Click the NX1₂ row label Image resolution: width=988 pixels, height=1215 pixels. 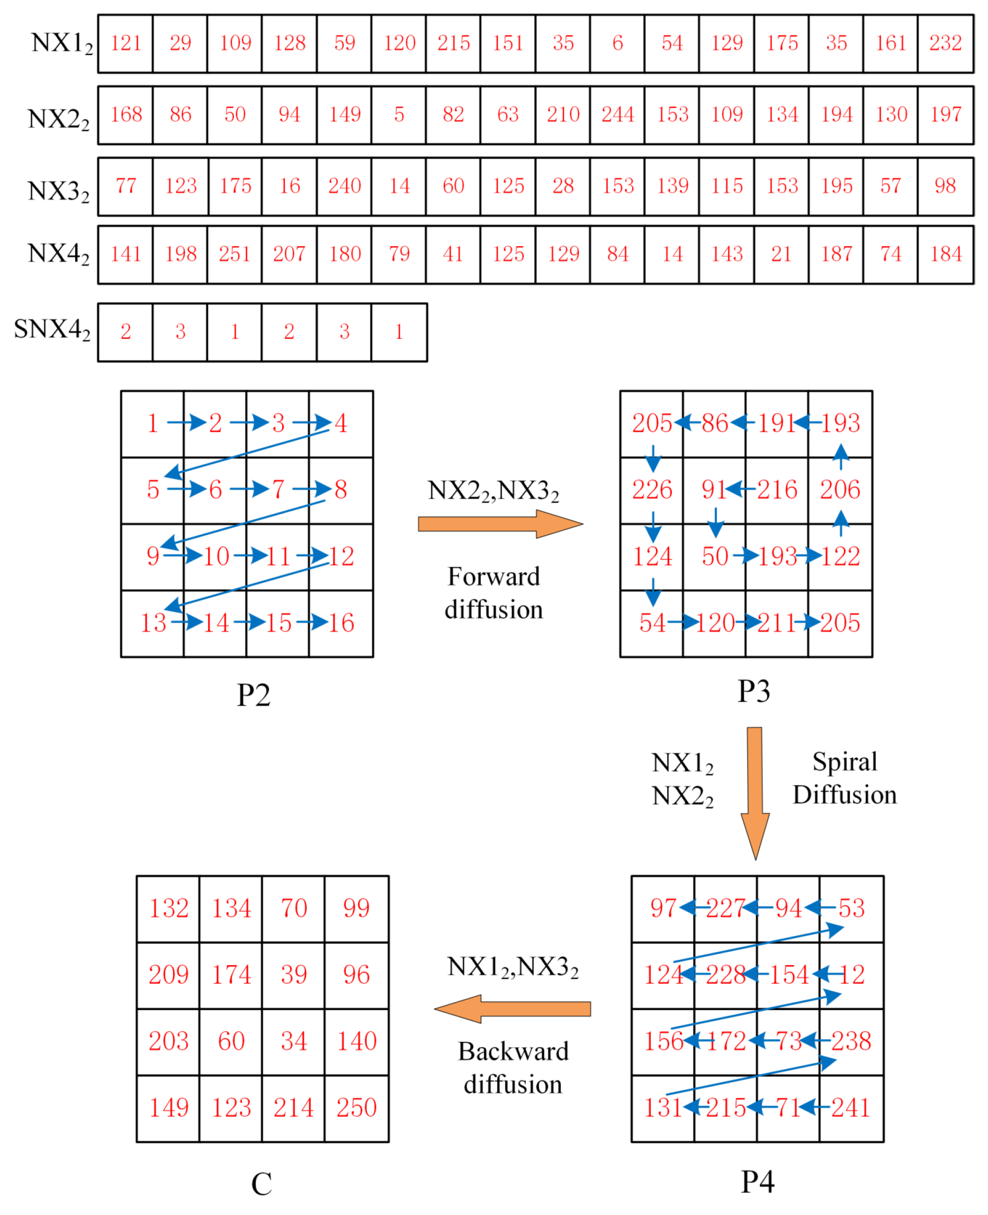point(61,43)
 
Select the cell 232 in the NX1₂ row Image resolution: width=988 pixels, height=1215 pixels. point(945,43)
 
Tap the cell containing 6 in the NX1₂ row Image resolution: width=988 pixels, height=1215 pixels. point(617,43)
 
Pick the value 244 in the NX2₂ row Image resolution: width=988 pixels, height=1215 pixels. point(617,115)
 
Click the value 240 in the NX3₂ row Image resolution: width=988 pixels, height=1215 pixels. point(344,186)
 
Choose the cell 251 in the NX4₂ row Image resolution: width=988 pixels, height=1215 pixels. point(235,254)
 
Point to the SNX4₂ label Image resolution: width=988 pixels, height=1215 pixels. point(52,330)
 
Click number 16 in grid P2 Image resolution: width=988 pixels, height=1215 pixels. point(341,623)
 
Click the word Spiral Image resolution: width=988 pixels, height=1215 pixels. point(845,762)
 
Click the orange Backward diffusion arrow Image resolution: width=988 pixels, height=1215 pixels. point(512,1009)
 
